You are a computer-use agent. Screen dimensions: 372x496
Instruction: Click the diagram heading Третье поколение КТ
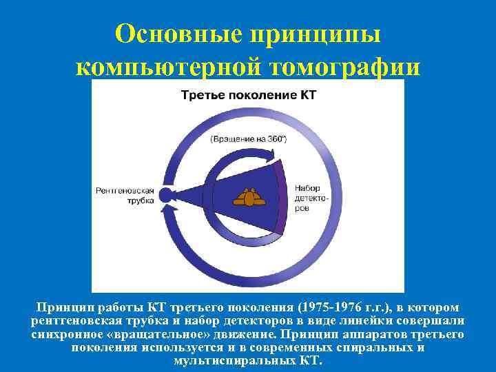[x=248, y=95]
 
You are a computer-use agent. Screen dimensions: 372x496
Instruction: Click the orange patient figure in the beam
[x=248, y=198]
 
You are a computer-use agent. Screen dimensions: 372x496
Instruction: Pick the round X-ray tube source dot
[x=165, y=194]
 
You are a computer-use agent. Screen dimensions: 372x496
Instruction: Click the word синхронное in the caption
[x=65, y=334]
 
